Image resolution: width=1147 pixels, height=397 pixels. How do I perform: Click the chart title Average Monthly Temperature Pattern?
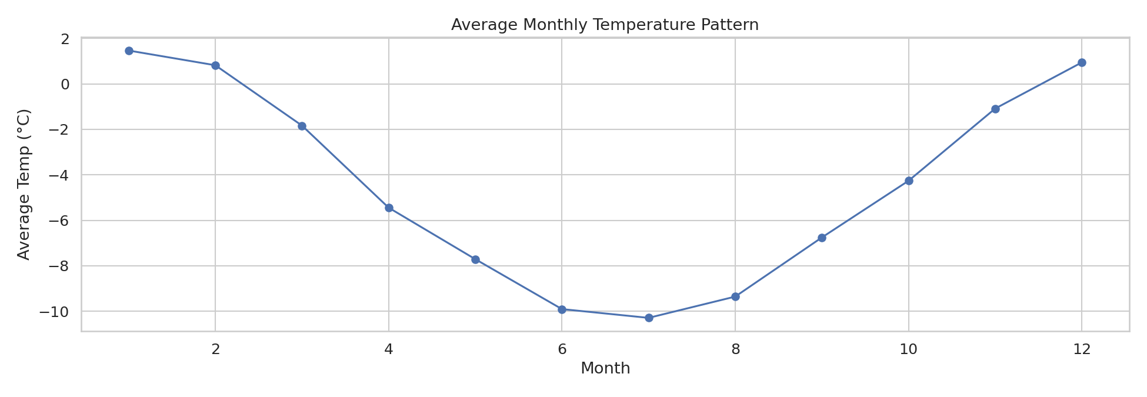(x=605, y=25)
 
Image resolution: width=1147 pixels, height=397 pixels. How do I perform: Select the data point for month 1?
(x=129, y=51)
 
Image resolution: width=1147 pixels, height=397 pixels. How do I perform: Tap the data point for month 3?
(x=302, y=126)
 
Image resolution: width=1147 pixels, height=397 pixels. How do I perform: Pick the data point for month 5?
(x=475, y=259)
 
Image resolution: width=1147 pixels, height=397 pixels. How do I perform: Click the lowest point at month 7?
(x=649, y=318)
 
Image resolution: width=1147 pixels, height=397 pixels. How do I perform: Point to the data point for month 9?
(x=822, y=238)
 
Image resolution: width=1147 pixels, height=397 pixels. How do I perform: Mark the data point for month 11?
(x=995, y=109)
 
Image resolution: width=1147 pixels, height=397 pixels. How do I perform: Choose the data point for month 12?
(x=1082, y=62)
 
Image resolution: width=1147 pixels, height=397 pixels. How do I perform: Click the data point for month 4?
(x=389, y=208)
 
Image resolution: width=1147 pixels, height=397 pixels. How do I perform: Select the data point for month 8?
(x=735, y=296)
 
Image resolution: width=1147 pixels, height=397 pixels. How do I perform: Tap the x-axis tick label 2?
(x=215, y=349)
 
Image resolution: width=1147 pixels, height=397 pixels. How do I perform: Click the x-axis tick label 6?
(x=562, y=349)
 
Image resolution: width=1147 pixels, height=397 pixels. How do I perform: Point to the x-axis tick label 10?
(x=909, y=349)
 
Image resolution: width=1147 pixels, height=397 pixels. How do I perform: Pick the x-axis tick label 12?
(x=1082, y=349)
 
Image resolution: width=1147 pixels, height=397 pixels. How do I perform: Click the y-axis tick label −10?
(x=54, y=311)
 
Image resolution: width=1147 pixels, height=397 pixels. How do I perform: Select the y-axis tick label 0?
(x=65, y=84)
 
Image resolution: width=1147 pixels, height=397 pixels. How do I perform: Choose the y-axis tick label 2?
(x=65, y=39)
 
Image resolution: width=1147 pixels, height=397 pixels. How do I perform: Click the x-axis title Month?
(x=605, y=369)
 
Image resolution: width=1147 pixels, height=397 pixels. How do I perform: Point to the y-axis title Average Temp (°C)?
(x=24, y=184)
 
